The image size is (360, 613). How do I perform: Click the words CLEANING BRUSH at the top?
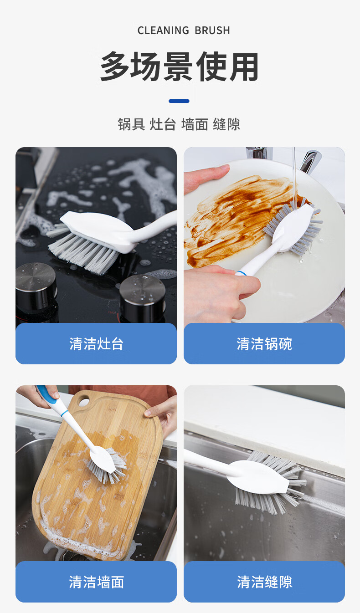(x=184, y=31)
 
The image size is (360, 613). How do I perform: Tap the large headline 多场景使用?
(x=180, y=66)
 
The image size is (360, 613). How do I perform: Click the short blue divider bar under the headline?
(x=179, y=101)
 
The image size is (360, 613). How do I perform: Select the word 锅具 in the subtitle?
(x=131, y=124)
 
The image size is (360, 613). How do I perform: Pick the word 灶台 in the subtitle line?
(x=163, y=124)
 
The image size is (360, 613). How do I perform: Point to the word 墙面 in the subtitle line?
(x=195, y=124)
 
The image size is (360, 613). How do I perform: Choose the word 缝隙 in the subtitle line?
(x=226, y=124)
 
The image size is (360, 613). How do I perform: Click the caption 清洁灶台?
(x=96, y=344)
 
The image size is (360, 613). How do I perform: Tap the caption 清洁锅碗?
(x=264, y=344)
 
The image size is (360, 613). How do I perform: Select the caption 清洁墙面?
(x=96, y=582)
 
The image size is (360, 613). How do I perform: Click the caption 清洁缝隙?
(x=264, y=582)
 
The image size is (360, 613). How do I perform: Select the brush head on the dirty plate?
(x=293, y=227)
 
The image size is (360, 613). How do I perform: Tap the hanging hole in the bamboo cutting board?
(x=84, y=402)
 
